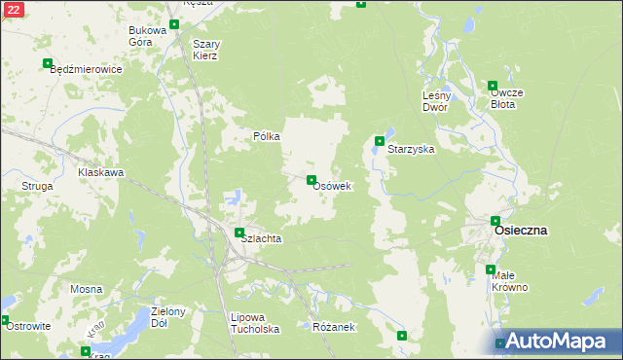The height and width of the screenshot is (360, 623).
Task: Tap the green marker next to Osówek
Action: click(x=311, y=180)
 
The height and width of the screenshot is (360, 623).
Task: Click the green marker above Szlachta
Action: click(x=239, y=232)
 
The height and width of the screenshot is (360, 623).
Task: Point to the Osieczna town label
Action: click(x=521, y=231)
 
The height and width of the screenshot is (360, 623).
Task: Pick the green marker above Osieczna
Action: click(x=495, y=221)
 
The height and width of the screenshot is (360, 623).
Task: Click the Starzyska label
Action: click(x=410, y=151)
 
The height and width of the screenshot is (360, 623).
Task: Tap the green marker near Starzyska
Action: click(x=380, y=141)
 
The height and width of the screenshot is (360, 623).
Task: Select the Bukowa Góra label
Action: click(x=148, y=36)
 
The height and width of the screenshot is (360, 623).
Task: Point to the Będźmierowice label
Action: click(x=85, y=70)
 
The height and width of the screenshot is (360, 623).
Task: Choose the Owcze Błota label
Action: click(x=507, y=98)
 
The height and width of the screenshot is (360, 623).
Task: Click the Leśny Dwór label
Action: click(x=435, y=101)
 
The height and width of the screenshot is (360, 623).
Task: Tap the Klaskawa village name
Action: click(x=101, y=172)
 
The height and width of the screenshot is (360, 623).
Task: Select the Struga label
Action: click(x=37, y=185)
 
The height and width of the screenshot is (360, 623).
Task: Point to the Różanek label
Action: click(x=334, y=327)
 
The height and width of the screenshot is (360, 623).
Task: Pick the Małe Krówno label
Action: click(x=509, y=281)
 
